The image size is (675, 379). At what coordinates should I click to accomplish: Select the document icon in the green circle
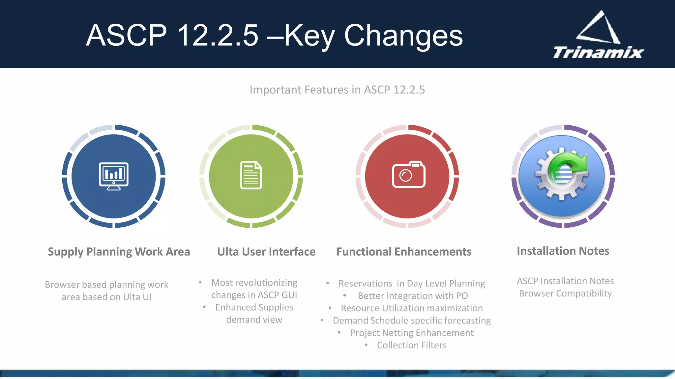(251, 175)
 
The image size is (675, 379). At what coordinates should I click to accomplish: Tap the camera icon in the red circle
(408, 175)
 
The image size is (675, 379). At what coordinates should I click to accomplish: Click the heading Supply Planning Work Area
(119, 252)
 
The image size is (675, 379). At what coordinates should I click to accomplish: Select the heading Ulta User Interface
(266, 252)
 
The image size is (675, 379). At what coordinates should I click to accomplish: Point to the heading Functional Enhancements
(404, 252)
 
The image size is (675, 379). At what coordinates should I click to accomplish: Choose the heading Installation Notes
(563, 251)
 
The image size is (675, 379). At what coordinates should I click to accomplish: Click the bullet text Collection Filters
(412, 345)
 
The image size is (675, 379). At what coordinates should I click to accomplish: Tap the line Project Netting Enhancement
(412, 333)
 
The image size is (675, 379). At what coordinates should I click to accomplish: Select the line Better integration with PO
(413, 296)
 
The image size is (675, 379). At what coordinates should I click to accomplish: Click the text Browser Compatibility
(565, 293)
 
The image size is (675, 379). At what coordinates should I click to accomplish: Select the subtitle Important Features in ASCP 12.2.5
(337, 89)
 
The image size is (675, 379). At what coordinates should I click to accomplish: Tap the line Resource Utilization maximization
(412, 308)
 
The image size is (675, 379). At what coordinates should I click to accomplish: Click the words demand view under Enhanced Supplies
(254, 320)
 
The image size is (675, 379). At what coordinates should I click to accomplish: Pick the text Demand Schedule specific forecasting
(412, 320)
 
